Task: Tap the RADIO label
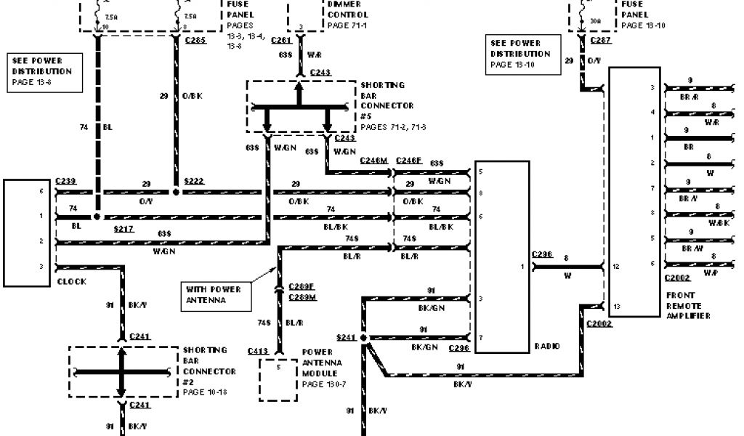[547, 346]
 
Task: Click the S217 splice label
[125, 229]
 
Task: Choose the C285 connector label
[195, 41]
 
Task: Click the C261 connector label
[280, 41]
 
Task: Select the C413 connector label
[257, 351]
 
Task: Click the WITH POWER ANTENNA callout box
[213, 294]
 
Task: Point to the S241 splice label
[347, 338]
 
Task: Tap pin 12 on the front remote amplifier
[616, 266]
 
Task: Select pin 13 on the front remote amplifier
[616, 305]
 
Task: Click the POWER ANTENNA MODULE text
[323, 361]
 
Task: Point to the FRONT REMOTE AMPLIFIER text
[687, 305]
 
